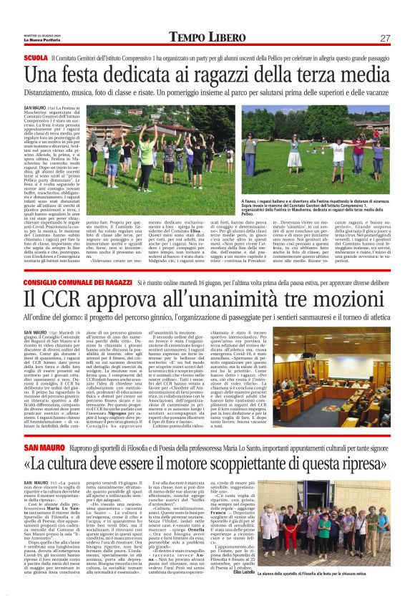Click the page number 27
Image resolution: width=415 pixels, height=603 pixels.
385,38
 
